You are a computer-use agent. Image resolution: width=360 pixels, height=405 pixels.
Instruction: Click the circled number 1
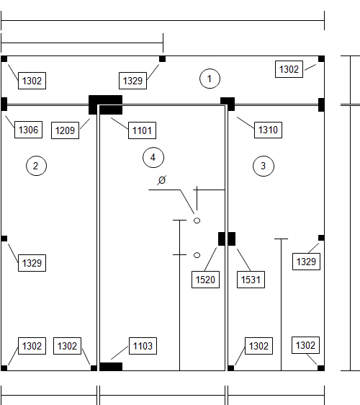pos(210,79)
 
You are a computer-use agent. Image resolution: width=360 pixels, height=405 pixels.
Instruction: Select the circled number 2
pos(37,166)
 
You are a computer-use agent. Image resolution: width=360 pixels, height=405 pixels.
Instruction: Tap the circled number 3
pos(264,166)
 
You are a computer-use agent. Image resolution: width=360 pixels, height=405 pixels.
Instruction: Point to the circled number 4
pos(153,157)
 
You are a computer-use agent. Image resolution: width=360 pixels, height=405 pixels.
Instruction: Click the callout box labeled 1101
pos(142,130)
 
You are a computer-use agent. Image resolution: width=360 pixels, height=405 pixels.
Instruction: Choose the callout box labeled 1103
pos(143,346)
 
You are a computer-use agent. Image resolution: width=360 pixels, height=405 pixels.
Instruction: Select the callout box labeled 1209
pos(65,130)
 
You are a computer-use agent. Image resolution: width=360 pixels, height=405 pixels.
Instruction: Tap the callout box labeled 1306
pos(28,130)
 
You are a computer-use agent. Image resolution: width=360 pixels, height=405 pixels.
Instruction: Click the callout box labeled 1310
pos(268,130)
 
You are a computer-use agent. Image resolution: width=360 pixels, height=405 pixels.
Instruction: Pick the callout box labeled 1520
pos(205,280)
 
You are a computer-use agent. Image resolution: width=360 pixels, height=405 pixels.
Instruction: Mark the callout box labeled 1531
pos(251,280)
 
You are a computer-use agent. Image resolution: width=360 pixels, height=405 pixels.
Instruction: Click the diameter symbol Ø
pos(161,180)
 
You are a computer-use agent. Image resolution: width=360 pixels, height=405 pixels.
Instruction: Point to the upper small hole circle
pos(197,221)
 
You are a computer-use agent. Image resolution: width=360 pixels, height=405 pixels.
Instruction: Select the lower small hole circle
pos(197,255)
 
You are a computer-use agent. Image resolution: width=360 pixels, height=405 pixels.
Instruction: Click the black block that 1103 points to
pos(111,367)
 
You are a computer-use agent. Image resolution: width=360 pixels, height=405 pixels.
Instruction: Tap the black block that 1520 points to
pos(222,239)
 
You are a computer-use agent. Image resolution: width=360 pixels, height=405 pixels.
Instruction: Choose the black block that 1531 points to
pos(232,239)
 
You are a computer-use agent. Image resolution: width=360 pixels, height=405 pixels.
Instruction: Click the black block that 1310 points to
pos(228,104)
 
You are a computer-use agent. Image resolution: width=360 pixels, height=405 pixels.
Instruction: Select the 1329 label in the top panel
pos(133,81)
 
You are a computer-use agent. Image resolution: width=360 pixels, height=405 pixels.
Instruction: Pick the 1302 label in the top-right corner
pos(289,69)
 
